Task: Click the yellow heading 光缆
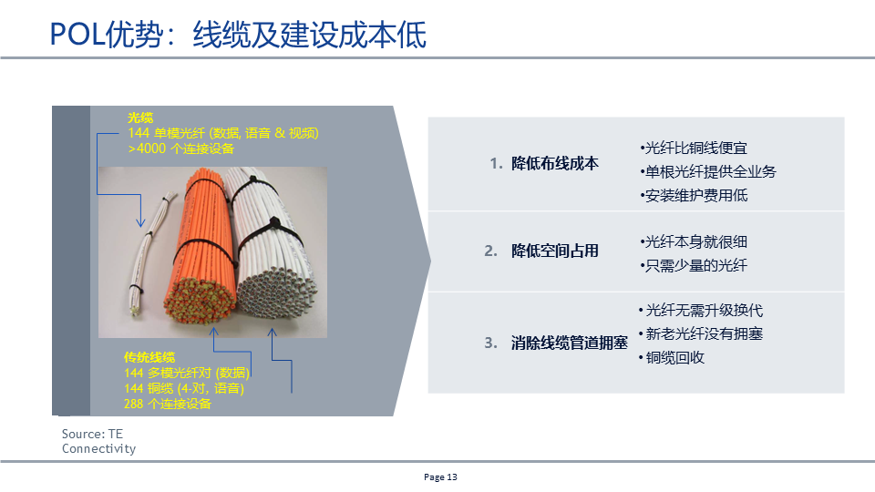(x=140, y=118)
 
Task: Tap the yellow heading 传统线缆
(x=149, y=357)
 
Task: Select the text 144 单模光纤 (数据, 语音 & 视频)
(x=223, y=133)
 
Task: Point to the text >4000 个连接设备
(x=181, y=149)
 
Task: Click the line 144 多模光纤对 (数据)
(x=188, y=374)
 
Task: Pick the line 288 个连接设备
(x=167, y=403)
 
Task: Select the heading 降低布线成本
(x=555, y=164)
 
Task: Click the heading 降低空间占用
(x=555, y=251)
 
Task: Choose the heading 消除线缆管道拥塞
(x=570, y=343)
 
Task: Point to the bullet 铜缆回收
(x=673, y=357)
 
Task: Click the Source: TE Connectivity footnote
(x=98, y=441)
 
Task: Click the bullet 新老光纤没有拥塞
(x=701, y=333)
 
